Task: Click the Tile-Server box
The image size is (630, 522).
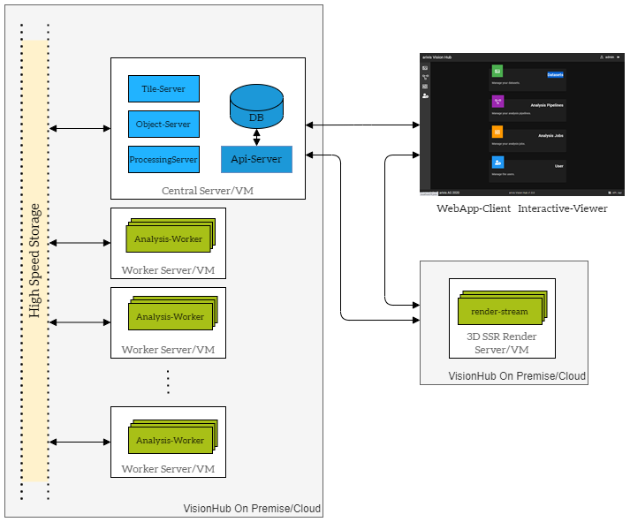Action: coord(163,89)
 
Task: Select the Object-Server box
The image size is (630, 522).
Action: coord(163,125)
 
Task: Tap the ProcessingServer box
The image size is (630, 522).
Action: coord(163,160)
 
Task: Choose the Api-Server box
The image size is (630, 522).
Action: coord(256,159)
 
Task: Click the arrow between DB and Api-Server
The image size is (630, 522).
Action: coord(256,138)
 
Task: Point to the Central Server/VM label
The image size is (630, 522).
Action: coord(208,191)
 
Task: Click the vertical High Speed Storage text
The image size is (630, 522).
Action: coord(34,261)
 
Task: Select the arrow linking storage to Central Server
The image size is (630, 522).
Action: coord(80,129)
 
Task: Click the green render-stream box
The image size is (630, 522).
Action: coord(499,312)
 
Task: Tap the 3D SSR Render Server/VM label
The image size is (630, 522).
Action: coord(501,343)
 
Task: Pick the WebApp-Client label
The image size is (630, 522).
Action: coord(474,209)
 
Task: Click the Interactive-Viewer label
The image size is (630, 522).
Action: coord(562,209)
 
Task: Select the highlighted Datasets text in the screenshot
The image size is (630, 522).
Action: coord(555,75)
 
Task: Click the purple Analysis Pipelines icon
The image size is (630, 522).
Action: coord(497,102)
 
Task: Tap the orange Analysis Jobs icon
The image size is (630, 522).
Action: coord(497,132)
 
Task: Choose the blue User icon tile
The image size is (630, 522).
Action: coord(497,163)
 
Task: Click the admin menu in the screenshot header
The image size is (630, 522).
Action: coord(610,57)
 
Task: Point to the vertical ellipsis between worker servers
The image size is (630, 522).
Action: coord(168,382)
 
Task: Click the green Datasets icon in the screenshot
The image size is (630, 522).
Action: coord(497,71)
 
